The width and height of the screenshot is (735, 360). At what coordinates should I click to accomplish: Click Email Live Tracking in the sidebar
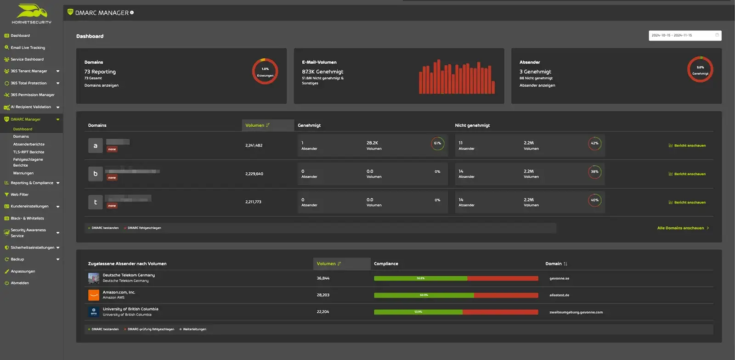[x=28, y=47]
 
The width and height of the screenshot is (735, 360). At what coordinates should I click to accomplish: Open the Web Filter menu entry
[x=19, y=194]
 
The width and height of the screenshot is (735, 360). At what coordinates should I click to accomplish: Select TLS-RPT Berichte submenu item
[x=28, y=152]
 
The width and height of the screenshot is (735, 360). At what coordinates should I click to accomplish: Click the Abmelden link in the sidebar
[x=20, y=283]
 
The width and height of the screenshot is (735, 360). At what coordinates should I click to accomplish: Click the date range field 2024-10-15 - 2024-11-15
[x=684, y=35]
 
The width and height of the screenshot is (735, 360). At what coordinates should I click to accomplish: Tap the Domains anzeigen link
[x=101, y=85]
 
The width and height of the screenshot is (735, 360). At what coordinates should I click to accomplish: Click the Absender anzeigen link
[x=537, y=85]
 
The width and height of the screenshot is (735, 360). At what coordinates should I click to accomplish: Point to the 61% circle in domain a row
[x=437, y=143]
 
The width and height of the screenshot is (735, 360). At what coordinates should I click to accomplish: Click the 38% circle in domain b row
[x=594, y=172]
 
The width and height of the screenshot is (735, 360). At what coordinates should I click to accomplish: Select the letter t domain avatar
[x=96, y=202]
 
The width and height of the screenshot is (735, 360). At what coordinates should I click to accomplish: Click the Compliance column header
[x=386, y=264]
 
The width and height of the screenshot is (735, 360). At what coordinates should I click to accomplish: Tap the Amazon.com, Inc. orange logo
[x=94, y=295]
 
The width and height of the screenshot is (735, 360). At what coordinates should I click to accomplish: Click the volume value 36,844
[x=323, y=278]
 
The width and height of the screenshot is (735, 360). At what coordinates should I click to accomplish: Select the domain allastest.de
[x=559, y=295]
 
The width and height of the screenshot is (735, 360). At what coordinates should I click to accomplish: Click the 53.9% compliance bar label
[x=418, y=312]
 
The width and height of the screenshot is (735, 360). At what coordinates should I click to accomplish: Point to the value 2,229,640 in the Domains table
[x=254, y=174]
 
